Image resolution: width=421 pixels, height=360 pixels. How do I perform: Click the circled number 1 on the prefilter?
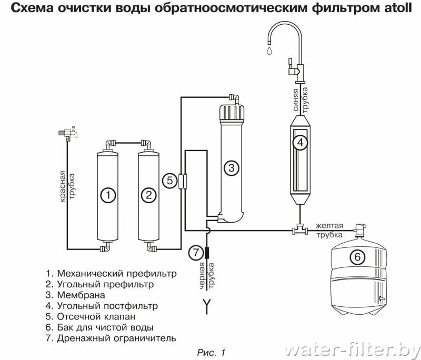click(107, 195)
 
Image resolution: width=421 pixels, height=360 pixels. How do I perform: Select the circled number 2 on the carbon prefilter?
click(149, 195)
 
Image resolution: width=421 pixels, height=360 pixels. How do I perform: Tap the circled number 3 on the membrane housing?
click(231, 168)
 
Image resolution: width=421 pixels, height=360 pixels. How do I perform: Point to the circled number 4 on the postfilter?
click(299, 143)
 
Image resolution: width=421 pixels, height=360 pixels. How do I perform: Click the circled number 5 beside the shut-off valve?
click(169, 181)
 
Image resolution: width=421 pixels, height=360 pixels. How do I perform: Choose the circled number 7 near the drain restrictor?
click(195, 253)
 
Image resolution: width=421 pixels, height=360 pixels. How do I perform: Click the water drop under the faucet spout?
click(269, 51)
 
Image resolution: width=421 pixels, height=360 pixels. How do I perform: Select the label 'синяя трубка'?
click(300, 99)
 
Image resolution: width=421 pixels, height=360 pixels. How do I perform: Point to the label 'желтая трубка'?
click(329, 230)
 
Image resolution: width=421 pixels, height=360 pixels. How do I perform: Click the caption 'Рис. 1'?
click(210, 352)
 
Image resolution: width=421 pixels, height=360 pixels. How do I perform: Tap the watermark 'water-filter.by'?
click(352, 349)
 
